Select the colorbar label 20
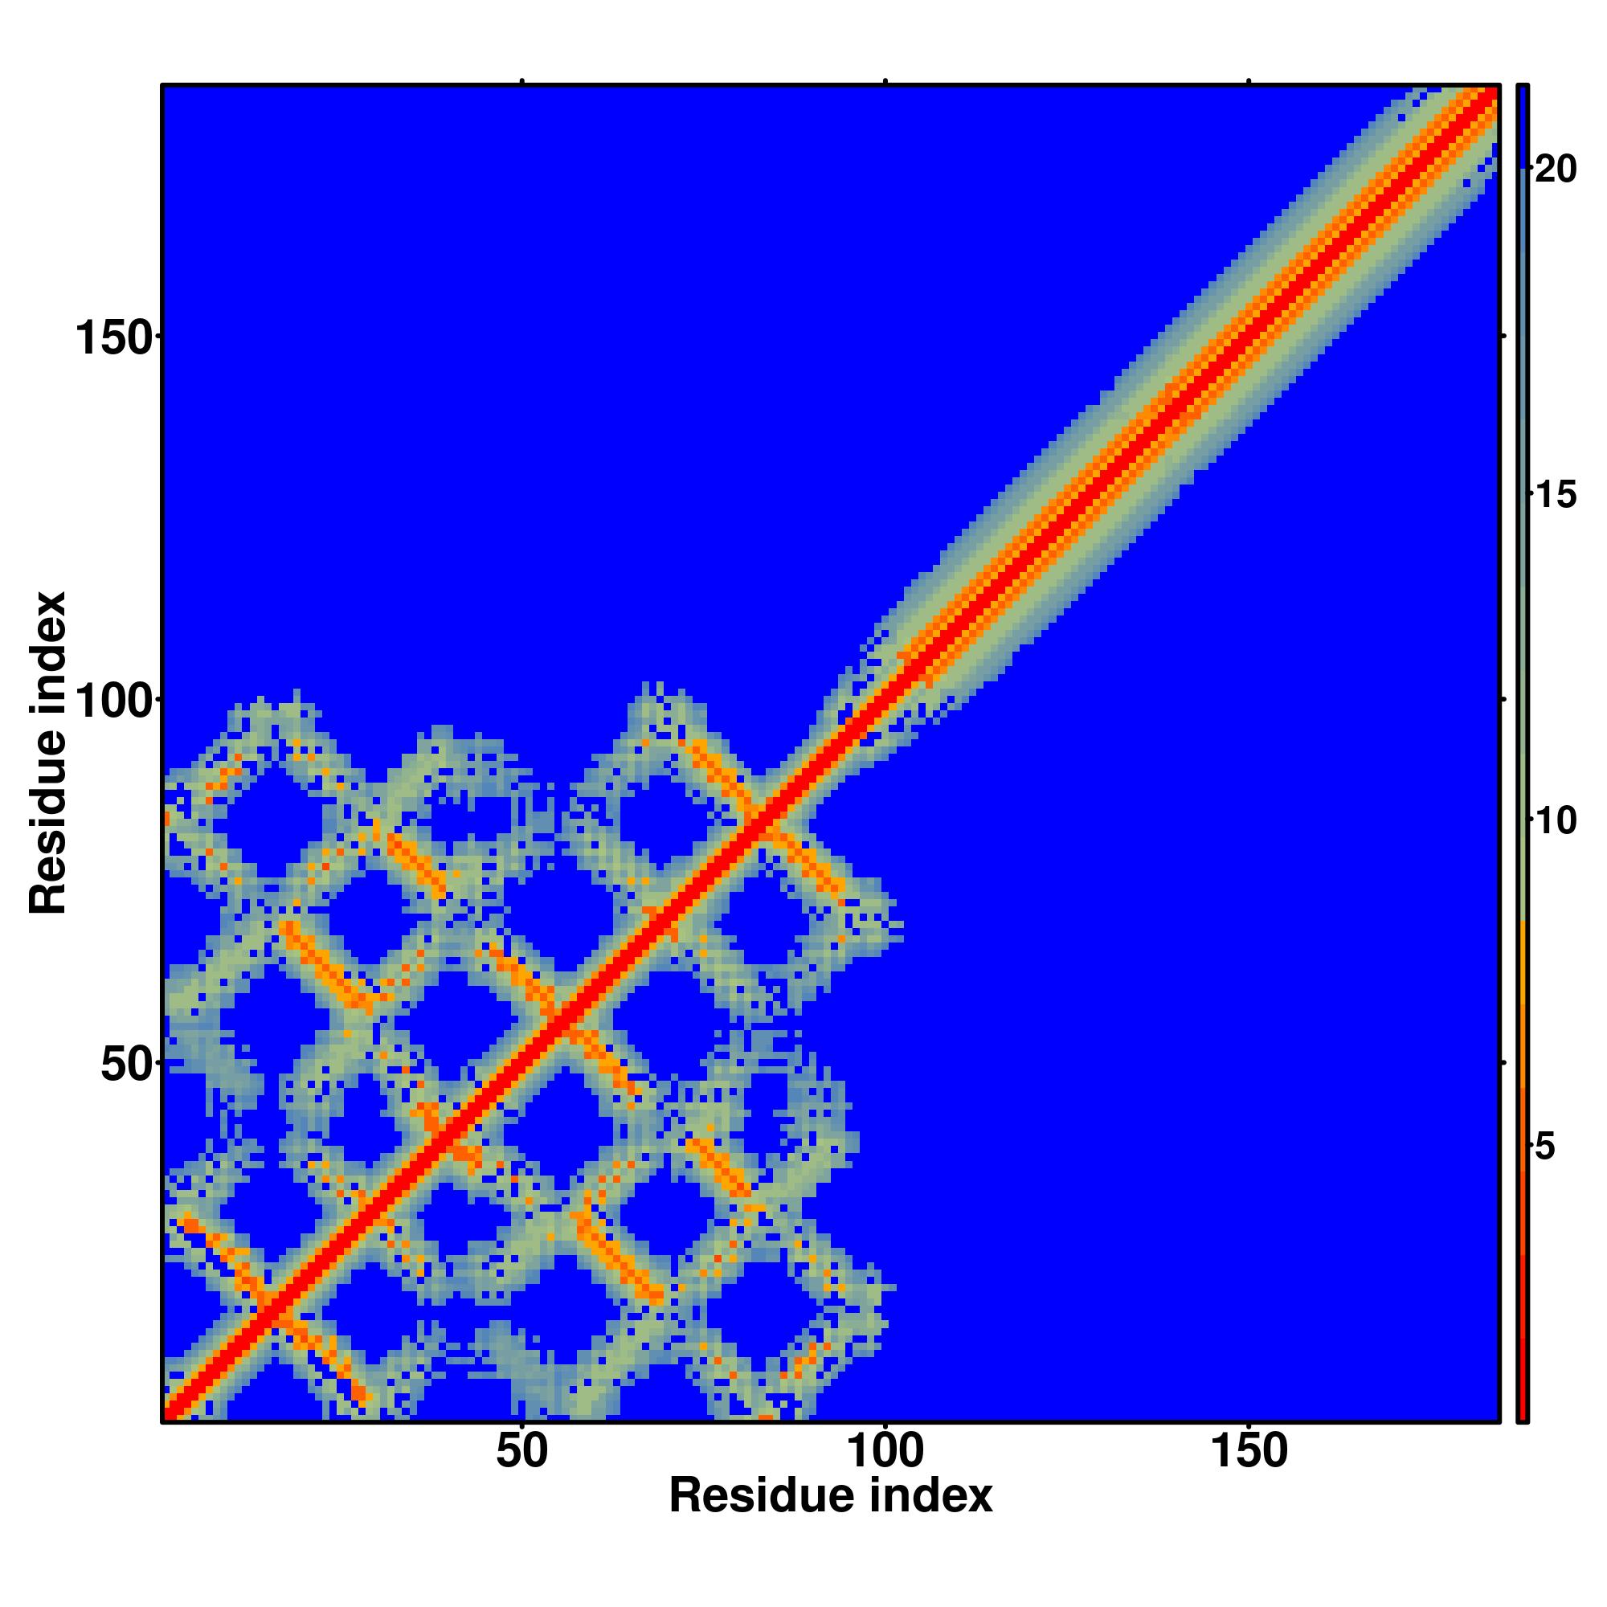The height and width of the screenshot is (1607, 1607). click(1555, 170)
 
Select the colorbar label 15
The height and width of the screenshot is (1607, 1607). click(1555, 496)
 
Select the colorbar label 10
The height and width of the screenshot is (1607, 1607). click(1555, 822)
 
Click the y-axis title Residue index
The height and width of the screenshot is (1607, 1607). click(48, 753)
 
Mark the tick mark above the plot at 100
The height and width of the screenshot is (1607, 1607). click(885, 80)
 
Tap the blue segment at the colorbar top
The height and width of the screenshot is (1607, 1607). click(1522, 125)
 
